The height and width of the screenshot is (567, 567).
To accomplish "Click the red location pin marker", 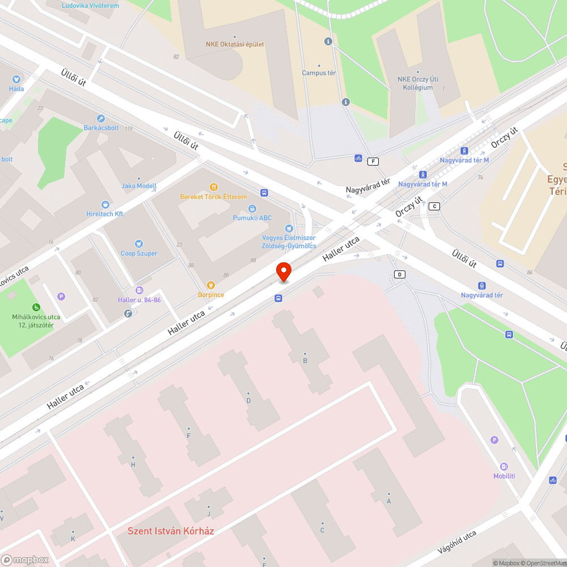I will (283, 272).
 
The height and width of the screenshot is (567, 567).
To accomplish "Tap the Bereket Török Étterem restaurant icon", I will (214, 187).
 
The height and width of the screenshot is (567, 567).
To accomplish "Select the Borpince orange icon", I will (211, 285).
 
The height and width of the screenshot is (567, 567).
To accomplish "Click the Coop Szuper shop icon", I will (139, 244).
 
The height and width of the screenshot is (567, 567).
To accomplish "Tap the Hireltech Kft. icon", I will (105, 205).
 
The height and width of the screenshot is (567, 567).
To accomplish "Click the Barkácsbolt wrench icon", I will (101, 119).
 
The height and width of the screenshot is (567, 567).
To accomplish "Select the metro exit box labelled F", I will (373, 161).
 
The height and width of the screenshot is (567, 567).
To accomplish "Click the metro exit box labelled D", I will (400, 274).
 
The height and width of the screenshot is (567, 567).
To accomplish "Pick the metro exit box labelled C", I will (434, 206).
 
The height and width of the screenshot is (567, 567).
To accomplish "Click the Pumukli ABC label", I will (252, 218).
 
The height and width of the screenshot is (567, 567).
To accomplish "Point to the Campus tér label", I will (319, 73).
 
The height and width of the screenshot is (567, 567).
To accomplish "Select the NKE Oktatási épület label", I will (235, 44).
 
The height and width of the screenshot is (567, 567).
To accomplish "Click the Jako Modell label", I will (139, 186).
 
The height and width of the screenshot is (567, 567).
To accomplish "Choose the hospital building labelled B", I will (305, 361).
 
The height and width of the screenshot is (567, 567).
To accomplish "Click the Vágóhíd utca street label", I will (457, 543).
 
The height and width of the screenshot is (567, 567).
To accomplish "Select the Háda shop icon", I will (16, 79).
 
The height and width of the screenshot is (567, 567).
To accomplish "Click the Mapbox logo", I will (25, 560).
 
